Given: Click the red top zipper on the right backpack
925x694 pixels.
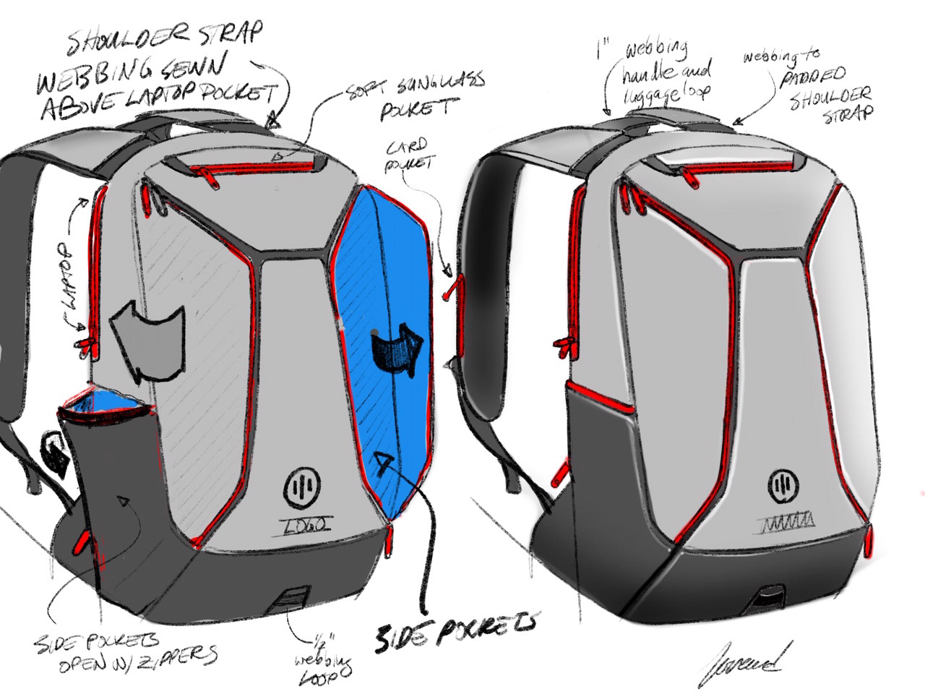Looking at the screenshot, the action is coord(737,168).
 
